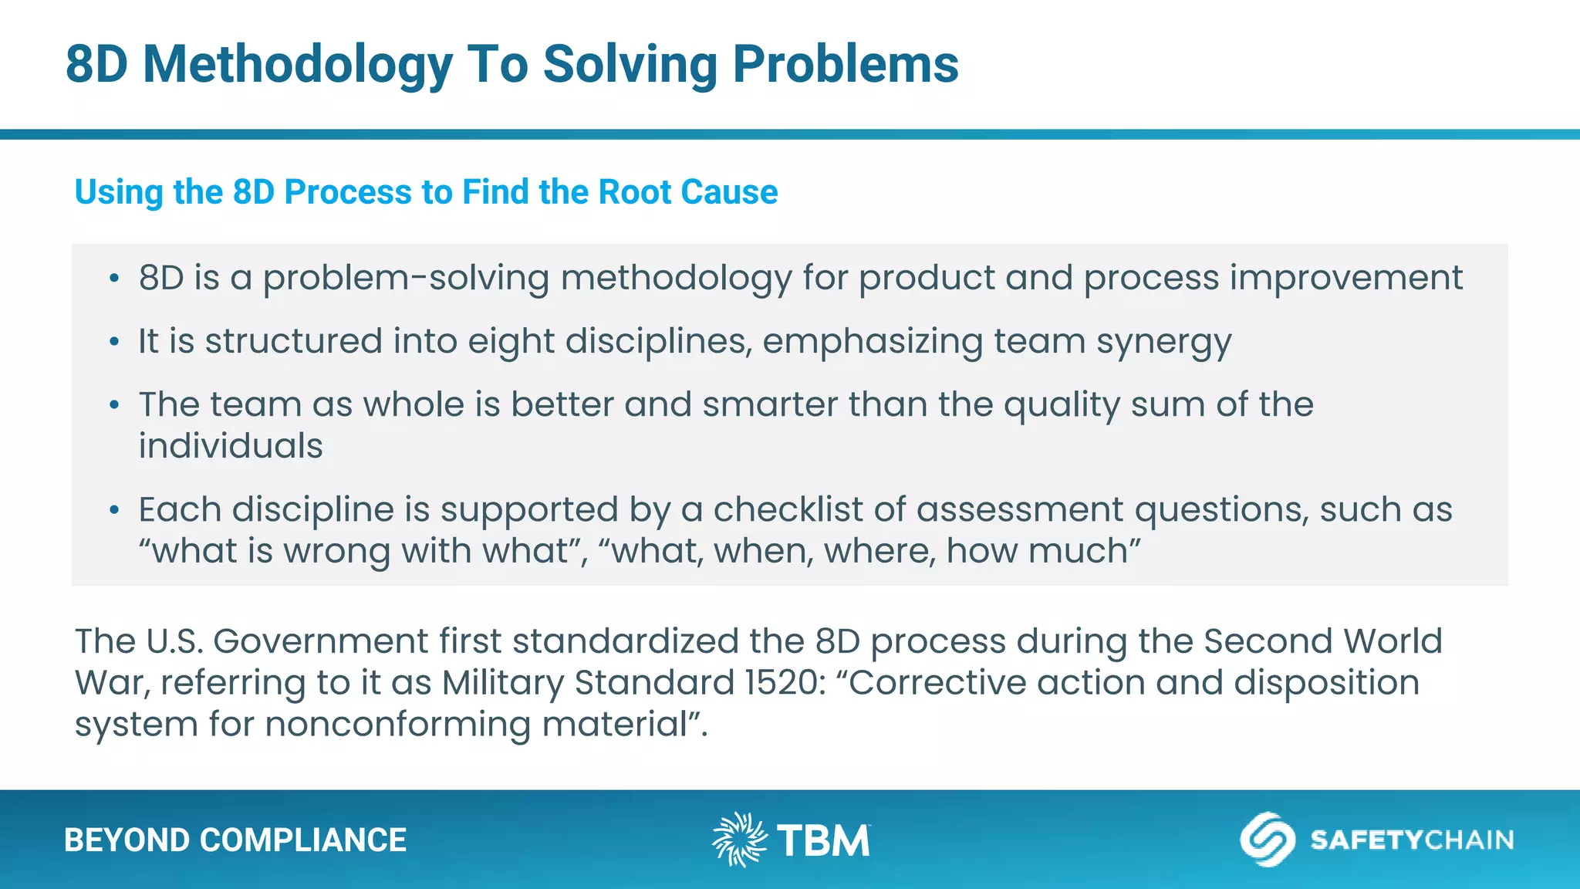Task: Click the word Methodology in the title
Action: pos(297,65)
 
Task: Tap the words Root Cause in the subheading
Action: pos(687,192)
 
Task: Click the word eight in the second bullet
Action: pos(511,343)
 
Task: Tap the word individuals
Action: pos(231,446)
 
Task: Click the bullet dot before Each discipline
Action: pos(114,510)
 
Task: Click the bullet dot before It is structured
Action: pos(114,342)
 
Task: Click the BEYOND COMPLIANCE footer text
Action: pos(235,840)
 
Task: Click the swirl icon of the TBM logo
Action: pos(739,840)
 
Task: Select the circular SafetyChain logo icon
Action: pos(1267,840)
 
